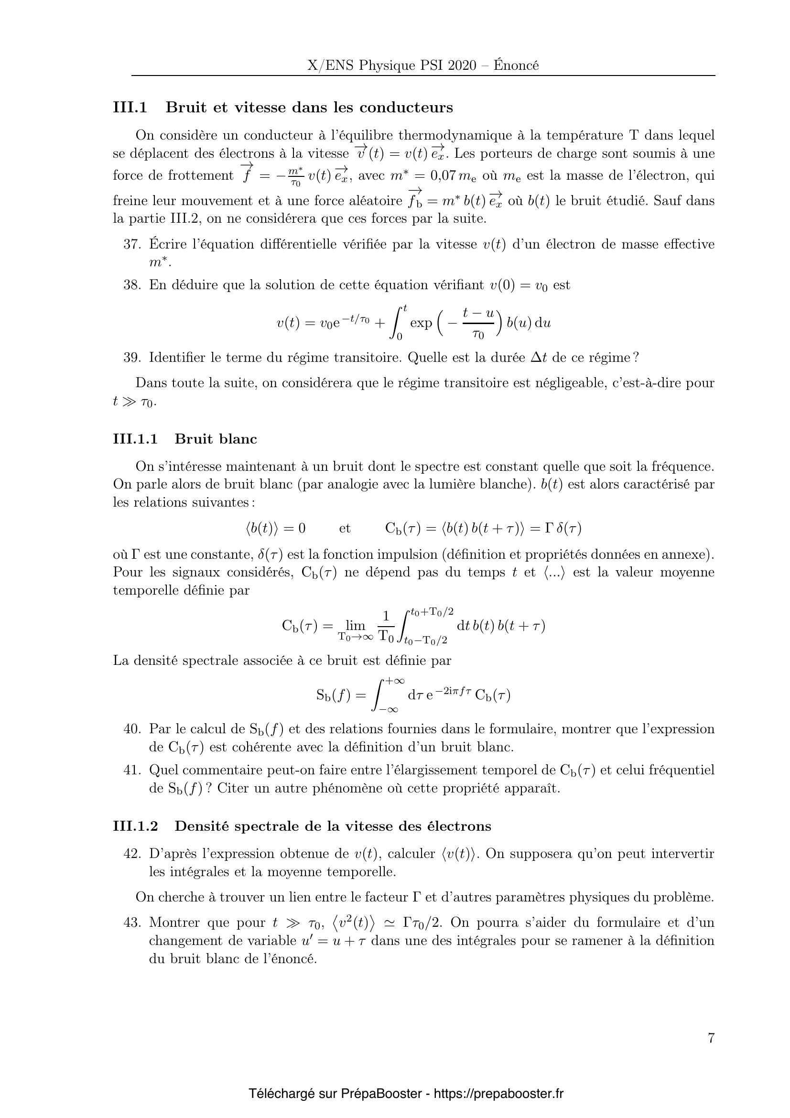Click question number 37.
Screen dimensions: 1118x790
point(132,244)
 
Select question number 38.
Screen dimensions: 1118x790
point(132,285)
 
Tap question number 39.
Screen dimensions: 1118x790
point(132,358)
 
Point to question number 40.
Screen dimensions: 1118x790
point(132,729)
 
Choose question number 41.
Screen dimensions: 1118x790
point(132,770)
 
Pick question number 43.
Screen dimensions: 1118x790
point(132,922)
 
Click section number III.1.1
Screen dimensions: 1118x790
point(135,439)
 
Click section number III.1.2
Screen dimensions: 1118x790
point(136,826)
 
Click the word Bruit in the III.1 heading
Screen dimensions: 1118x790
point(186,108)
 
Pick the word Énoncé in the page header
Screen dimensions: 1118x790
point(516,66)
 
